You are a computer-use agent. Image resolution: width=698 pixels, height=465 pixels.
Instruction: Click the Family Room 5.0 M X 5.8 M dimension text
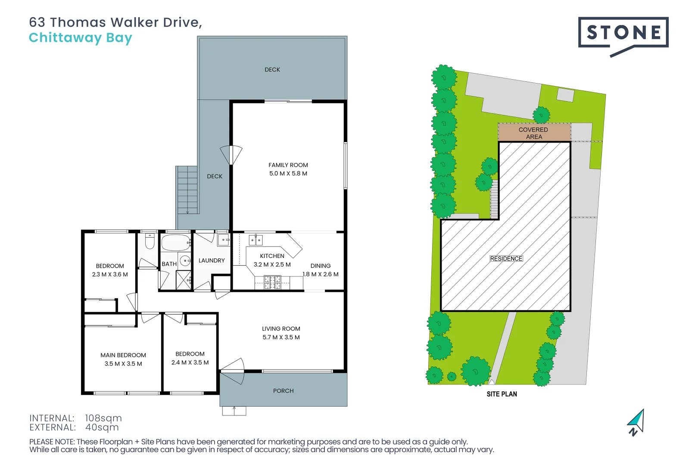[288, 174]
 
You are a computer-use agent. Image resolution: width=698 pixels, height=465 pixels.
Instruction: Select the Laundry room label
[212, 260]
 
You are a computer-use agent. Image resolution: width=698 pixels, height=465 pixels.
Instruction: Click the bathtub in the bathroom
[176, 243]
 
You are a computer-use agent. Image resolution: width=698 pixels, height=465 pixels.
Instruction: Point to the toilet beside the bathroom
[150, 242]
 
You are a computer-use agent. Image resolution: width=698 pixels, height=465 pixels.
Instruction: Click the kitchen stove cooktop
[272, 282]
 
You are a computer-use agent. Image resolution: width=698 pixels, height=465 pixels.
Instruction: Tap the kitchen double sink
[256, 240]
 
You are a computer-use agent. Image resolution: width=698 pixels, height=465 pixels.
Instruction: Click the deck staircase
[187, 190]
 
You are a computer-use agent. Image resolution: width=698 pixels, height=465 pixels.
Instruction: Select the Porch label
[283, 391]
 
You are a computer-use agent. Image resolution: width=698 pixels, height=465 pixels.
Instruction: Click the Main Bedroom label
[123, 355]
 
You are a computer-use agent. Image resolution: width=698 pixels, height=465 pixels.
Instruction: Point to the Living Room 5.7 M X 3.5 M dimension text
[281, 338]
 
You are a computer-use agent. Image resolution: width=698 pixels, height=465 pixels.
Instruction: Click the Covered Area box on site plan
[534, 133]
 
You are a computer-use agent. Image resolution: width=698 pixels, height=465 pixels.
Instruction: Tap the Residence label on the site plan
[506, 259]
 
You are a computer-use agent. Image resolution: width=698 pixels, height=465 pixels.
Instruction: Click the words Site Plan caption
[502, 394]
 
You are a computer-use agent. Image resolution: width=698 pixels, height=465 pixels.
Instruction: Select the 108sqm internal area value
[103, 418]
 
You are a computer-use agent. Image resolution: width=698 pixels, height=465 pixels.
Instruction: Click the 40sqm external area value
[102, 428]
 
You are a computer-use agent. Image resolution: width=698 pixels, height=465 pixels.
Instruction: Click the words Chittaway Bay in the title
[80, 38]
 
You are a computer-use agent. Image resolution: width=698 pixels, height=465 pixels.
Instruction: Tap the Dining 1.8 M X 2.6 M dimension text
[321, 274]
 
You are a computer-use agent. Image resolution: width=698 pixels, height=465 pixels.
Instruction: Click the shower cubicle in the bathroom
[184, 281]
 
